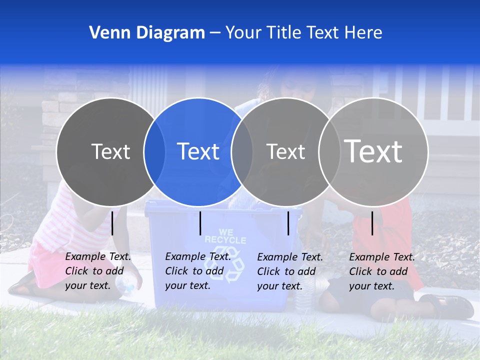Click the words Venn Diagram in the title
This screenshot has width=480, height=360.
pos(147,33)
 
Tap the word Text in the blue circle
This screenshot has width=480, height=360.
pos(198,151)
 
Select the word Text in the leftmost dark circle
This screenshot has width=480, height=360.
pos(110,151)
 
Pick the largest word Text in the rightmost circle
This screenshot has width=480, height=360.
pos(373,151)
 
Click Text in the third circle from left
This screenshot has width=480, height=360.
pos(285,151)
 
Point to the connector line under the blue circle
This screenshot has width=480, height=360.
pos(200,223)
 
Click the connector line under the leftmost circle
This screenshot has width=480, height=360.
pos(112,223)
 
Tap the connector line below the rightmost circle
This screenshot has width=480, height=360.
pos(372,223)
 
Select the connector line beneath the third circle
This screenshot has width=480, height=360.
pos(288,223)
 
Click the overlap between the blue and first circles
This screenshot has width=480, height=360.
pos(154,151)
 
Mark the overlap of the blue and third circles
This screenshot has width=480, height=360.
pos(242,151)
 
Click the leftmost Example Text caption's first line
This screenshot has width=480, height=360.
pos(98,257)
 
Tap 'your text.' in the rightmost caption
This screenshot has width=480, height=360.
pos(371,286)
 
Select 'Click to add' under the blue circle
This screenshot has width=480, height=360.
pos(194,271)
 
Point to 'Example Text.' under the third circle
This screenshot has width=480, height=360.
pos(290,257)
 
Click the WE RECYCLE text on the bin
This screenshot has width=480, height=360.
pos(225,236)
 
